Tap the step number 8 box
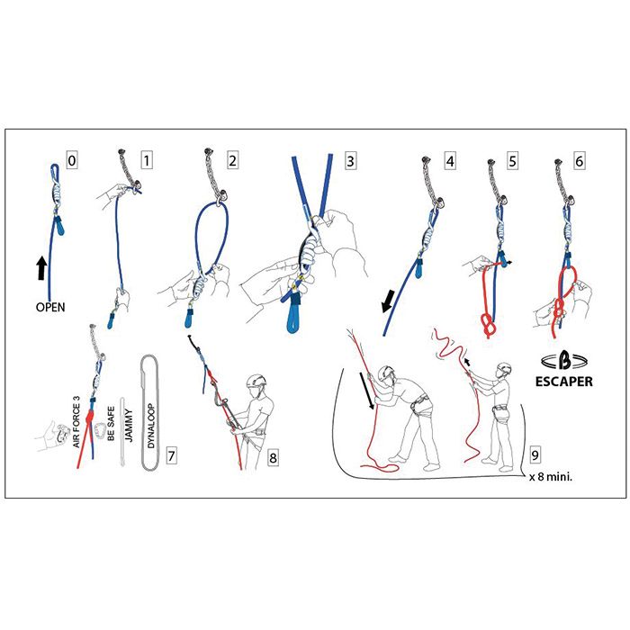pos(274,458)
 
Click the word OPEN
pos(50,306)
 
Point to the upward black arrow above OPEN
pos(41,267)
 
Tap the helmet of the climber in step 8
pos(257,381)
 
